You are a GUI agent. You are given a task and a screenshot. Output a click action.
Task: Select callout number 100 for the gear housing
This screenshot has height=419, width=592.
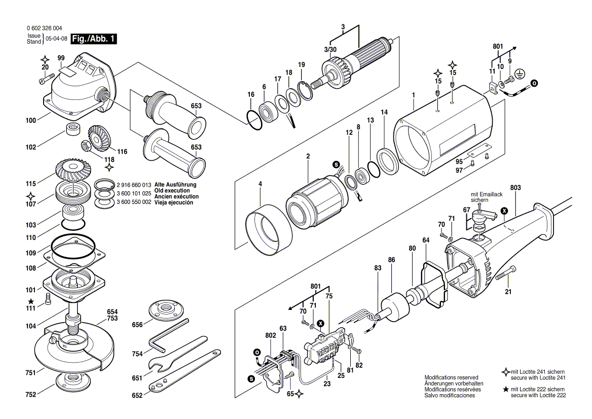click(31, 120)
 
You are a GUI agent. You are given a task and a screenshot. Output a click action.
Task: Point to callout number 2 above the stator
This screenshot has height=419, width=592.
click(308, 156)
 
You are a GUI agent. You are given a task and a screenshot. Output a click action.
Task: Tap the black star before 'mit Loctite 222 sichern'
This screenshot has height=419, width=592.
click(505, 389)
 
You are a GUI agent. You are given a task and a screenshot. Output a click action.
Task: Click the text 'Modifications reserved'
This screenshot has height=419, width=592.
click(451, 378)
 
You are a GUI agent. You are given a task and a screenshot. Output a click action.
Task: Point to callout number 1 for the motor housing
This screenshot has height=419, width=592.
click(414, 95)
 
